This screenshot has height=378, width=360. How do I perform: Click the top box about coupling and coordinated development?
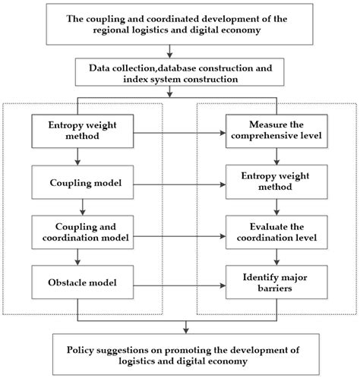pos(179,24)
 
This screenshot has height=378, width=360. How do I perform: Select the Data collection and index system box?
pos(179,73)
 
